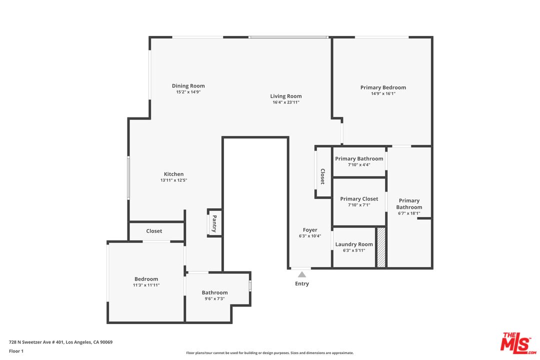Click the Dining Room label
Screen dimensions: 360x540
coord(188,86)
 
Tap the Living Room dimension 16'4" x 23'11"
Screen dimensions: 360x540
coord(286,102)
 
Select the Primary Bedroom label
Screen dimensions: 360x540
coord(383,87)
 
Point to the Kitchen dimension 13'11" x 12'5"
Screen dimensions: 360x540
coord(173,180)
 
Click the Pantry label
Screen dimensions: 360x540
coord(214,223)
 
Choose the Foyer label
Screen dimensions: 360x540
coord(310,230)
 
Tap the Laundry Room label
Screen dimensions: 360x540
coord(354,244)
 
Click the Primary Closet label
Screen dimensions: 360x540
coord(359,199)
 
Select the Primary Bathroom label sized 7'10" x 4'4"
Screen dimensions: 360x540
coord(359,159)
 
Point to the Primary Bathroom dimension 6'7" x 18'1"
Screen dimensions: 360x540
coord(409,213)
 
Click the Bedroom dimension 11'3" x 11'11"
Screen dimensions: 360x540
coord(146,285)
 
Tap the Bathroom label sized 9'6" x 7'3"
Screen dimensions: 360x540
coord(214,292)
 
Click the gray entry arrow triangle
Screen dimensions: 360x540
coord(302,274)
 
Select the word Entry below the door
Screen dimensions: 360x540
coord(302,283)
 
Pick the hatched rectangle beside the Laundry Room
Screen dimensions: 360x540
coord(381,247)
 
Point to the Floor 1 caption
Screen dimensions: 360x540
coord(16,351)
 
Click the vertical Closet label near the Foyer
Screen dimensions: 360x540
coord(323,176)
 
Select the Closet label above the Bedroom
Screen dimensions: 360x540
coord(154,231)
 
